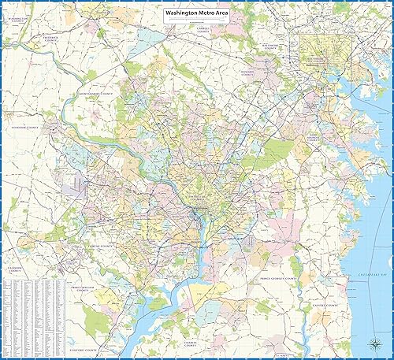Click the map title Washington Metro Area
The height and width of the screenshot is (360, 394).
[196, 13]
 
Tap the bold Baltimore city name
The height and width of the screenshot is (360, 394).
[318, 59]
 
